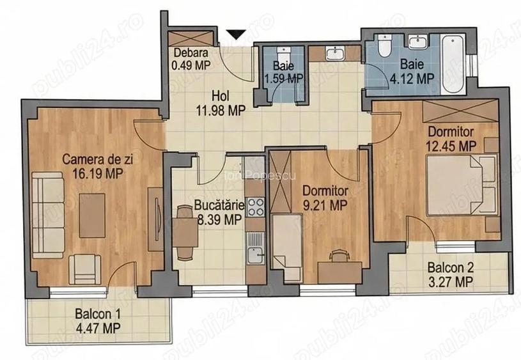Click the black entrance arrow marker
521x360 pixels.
(237, 35)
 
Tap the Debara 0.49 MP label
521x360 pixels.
(191, 59)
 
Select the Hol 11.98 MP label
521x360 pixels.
(221, 104)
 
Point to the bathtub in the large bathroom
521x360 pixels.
(453, 64)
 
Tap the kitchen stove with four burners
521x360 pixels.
(255, 207)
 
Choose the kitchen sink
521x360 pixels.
(255, 247)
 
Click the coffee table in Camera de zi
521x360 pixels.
(92, 215)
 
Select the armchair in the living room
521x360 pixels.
(85, 269)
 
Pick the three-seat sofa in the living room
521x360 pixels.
(48, 215)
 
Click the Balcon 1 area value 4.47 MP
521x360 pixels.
(98, 328)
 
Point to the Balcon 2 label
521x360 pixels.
(451, 267)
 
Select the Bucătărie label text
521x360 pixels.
(219, 205)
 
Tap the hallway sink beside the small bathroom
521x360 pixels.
(335, 53)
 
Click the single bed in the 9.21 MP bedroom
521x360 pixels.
(287, 247)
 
